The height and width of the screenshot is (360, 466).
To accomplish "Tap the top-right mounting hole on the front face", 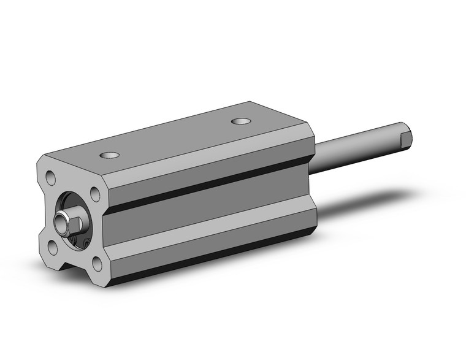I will [x=95, y=194].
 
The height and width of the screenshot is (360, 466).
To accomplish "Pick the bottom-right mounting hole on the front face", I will [x=96, y=265].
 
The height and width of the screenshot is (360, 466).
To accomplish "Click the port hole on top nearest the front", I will [x=110, y=155].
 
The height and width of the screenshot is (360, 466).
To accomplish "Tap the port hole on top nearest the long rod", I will [x=241, y=120].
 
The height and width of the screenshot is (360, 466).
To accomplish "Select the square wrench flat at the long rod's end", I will [x=405, y=138].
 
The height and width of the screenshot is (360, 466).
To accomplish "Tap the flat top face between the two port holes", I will [x=178, y=138].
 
